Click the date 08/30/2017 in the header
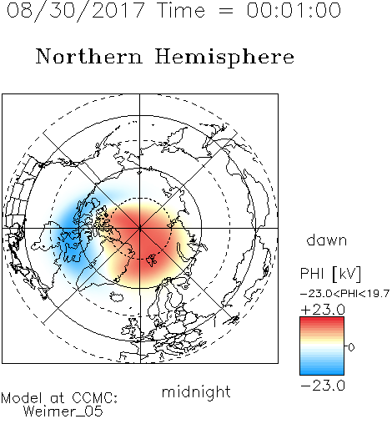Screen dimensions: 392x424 point(75,11)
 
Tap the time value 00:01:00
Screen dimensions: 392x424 point(294,10)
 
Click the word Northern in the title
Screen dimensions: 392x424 point(89,56)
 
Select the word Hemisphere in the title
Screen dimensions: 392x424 point(224,58)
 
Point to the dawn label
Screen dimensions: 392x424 point(327,240)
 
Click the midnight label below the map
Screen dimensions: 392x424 point(196,393)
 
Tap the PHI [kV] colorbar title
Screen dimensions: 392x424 point(330,274)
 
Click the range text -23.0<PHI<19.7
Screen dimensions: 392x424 point(344,294)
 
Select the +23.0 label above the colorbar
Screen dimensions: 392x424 point(323,310)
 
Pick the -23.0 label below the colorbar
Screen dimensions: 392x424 point(323,386)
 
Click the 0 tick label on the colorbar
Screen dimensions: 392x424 point(351,347)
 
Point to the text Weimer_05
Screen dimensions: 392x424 point(63,411)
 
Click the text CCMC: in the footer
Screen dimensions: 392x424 point(95,398)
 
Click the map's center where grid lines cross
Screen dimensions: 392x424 point(140,228)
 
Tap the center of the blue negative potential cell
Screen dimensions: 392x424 point(73,232)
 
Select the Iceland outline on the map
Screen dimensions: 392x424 point(117,296)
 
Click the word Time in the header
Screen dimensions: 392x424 point(181,10)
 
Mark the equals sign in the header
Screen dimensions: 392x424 point(226,11)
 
